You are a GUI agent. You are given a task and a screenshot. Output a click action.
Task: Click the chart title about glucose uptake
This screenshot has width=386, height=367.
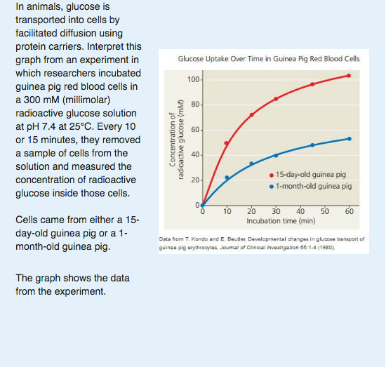(269, 59)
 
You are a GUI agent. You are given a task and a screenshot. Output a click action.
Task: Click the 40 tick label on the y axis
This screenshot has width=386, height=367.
(194, 155)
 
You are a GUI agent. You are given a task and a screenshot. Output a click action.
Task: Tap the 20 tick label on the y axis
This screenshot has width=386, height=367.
(194, 181)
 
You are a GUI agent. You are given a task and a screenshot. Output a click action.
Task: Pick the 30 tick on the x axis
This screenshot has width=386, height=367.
(275, 211)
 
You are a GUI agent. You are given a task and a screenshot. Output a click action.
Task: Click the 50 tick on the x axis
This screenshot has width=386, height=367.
(324, 211)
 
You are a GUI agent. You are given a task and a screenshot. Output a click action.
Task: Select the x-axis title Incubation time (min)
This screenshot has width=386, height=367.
(276, 220)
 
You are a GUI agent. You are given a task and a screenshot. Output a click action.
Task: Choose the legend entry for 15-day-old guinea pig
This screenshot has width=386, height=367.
(309, 174)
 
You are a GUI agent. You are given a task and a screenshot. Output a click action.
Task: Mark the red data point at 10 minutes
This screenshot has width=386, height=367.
(226, 143)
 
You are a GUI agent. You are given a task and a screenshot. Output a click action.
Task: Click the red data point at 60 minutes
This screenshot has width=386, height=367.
(349, 76)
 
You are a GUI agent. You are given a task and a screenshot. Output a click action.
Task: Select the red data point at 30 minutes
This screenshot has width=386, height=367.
(276, 99)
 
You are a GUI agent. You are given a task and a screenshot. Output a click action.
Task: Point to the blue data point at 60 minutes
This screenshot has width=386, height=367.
(349, 139)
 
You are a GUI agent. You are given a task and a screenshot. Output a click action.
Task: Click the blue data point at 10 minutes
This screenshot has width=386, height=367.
(227, 178)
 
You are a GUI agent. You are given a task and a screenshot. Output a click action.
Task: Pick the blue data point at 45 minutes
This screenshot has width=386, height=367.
(312, 145)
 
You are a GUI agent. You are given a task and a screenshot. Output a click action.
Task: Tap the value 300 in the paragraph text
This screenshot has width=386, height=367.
(32, 99)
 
